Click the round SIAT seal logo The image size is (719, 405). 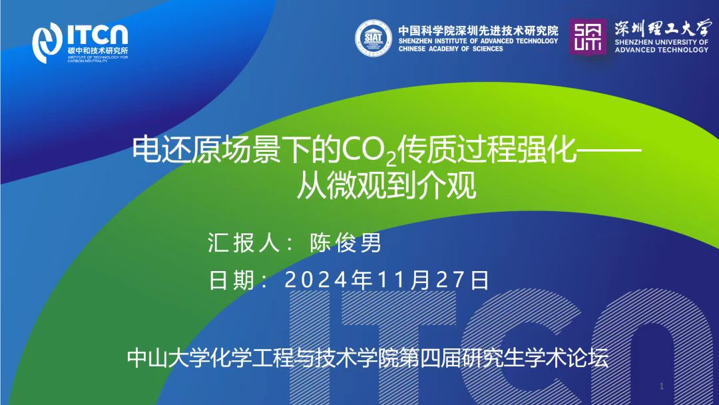[x=373, y=38]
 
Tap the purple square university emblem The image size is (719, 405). [x=588, y=37]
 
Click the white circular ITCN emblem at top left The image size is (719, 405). [x=47, y=43]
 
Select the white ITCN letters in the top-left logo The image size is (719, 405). [x=98, y=35]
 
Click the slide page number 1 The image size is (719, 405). [x=661, y=386]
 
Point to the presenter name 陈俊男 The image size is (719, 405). [x=346, y=242]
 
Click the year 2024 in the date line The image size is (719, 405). [x=316, y=280]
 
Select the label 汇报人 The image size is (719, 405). [x=243, y=242]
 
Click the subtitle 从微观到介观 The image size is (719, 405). [x=387, y=185]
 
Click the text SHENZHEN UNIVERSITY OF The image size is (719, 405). [x=661, y=42]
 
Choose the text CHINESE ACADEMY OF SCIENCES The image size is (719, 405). [x=451, y=49]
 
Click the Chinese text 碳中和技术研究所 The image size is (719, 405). [x=98, y=51]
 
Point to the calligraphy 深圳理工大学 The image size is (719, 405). [x=662, y=28]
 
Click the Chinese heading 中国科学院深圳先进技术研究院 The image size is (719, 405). [x=478, y=31]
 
